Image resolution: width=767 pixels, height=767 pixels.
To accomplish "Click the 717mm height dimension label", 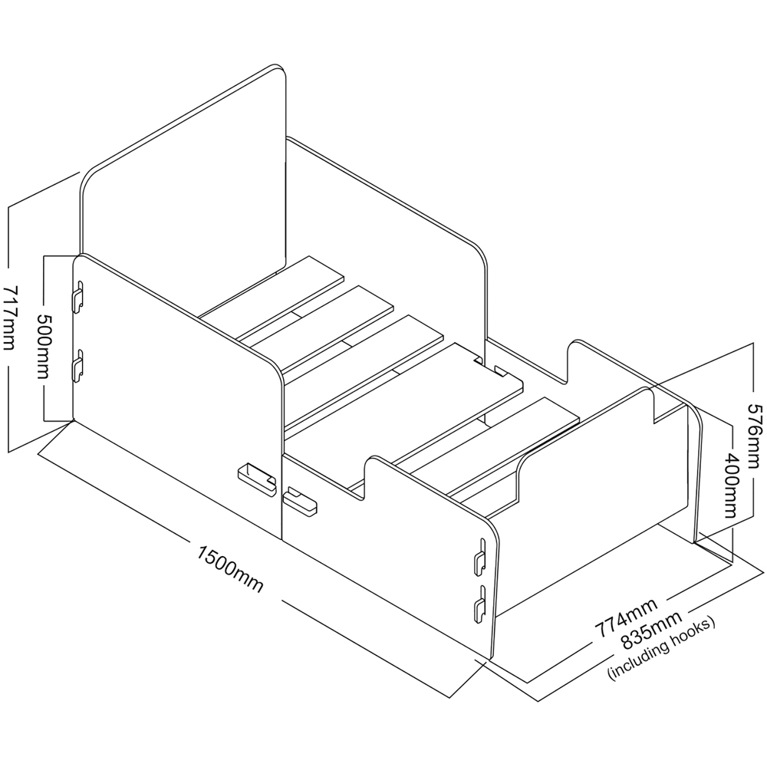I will click(15, 316).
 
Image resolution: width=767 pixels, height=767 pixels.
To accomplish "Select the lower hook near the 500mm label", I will click(77, 366).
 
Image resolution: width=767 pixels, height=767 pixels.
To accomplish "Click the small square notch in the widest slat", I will click(502, 373).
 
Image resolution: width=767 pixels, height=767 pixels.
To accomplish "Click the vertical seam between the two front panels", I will click(283, 491).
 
